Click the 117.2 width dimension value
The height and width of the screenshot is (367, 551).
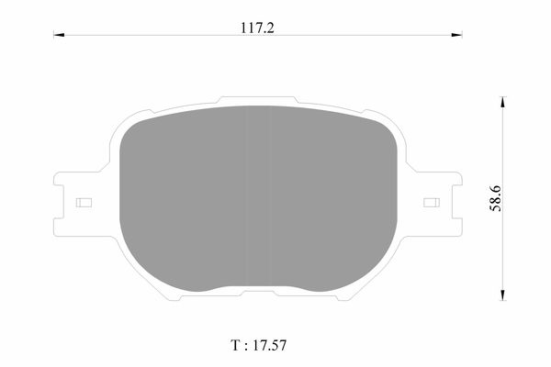click(257, 28)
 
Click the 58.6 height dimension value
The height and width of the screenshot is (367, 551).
click(496, 198)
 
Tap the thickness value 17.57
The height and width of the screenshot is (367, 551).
click(269, 345)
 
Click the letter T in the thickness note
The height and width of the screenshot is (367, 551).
click(235, 345)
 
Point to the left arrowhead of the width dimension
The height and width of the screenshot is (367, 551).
click(59, 35)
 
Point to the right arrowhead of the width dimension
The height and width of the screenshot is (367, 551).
click(456, 35)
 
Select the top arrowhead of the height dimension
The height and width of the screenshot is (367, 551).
click(503, 102)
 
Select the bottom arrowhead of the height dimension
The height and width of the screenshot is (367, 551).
click(503, 295)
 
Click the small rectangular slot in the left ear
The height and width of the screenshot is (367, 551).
click(84, 203)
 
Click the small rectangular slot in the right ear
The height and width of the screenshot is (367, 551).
click(432, 203)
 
